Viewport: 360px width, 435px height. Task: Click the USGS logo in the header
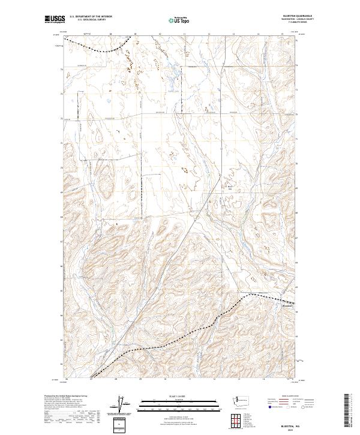(55, 19)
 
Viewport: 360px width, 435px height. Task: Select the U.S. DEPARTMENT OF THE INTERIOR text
(91, 16)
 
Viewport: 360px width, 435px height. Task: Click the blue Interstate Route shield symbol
(269, 406)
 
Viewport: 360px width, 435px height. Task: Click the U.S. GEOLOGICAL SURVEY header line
(87, 19)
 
